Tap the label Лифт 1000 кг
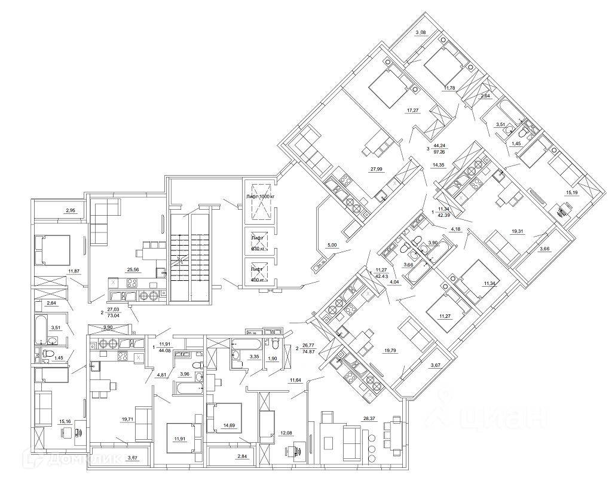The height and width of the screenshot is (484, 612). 259,197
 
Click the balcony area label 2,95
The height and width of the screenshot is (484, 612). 71,210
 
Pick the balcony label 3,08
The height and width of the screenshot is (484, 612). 421,32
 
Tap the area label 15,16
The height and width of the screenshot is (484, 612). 65,421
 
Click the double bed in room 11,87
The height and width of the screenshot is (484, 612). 53,249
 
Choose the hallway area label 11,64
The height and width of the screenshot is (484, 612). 294,380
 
